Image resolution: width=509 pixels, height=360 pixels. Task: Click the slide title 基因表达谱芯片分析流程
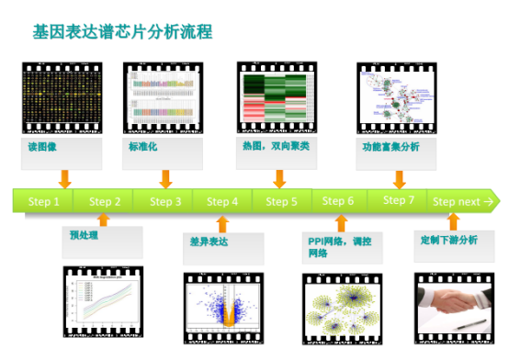tap(123, 31)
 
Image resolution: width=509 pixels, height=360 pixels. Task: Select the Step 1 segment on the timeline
tap(44, 201)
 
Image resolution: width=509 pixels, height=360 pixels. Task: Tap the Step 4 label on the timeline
tap(222, 201)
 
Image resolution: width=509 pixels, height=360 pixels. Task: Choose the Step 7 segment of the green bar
tap(399, 200)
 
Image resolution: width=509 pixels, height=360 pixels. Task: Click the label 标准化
tap(141, 146)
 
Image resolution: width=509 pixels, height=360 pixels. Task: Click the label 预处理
tap(84, 235)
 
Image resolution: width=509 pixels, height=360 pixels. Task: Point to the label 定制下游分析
tap(449, 240)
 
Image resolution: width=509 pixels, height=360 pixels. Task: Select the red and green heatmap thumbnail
tap(277, 96)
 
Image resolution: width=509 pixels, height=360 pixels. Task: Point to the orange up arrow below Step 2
tap(102, 221)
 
